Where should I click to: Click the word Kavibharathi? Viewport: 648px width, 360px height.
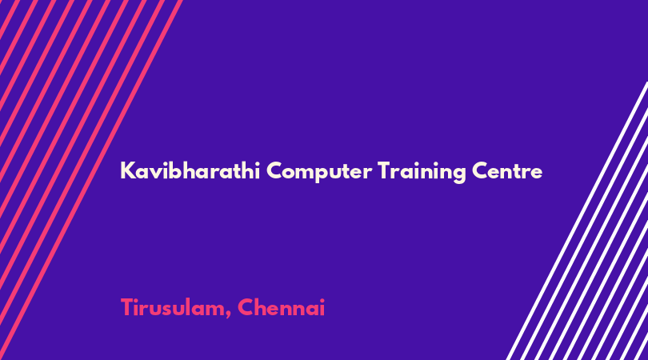click(190, 170)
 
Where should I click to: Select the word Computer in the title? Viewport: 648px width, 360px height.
click(318, 172)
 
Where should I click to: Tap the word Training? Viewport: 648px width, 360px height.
click(422, 172)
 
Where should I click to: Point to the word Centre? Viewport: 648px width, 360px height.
click(507, 170)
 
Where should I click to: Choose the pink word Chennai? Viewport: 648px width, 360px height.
click(281, 307)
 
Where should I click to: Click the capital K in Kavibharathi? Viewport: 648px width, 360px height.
click(128, 170)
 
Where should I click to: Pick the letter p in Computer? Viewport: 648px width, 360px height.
click(320, 174)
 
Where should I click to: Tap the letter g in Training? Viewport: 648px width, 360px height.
click(458, 174)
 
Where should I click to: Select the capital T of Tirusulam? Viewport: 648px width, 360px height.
click(127, 307)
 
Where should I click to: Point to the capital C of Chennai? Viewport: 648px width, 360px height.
click(246, 307)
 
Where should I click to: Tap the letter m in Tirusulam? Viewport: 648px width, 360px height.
click(215, 310)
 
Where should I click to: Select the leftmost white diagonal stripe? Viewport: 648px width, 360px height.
click(578, 221)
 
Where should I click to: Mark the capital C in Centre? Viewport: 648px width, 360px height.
click(481, 170)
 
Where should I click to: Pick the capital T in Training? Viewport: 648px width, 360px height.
click(384, 170)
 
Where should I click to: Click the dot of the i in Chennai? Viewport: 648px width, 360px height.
click(322, 300)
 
